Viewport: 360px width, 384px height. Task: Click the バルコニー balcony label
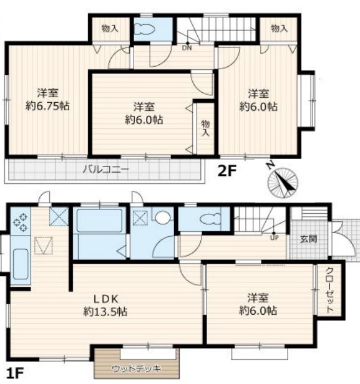(105, 169)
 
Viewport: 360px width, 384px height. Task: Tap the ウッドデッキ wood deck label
(136, 368)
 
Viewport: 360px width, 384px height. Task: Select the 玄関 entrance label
(309, 239)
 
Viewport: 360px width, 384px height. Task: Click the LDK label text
(106, 299)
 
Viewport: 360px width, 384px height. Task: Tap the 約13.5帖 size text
(105, 312)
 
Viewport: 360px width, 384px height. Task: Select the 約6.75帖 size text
(47, 106)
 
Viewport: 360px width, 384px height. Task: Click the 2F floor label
(226, 171)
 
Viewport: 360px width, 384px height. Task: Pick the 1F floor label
(15, 373)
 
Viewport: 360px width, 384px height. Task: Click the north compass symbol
(282, 182)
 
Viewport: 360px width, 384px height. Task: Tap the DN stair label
(187, 48)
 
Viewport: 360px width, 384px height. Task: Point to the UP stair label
(275, 238)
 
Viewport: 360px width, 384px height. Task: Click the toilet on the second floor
(145, 30)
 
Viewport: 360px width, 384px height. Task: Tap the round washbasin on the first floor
(162, 217)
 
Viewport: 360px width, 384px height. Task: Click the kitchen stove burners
(20, 222)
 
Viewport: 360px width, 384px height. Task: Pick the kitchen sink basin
(21, 264)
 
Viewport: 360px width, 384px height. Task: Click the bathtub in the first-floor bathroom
(99, 221)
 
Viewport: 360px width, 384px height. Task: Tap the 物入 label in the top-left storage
(110, 29)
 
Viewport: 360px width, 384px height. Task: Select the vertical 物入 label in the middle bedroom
(205, 128)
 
